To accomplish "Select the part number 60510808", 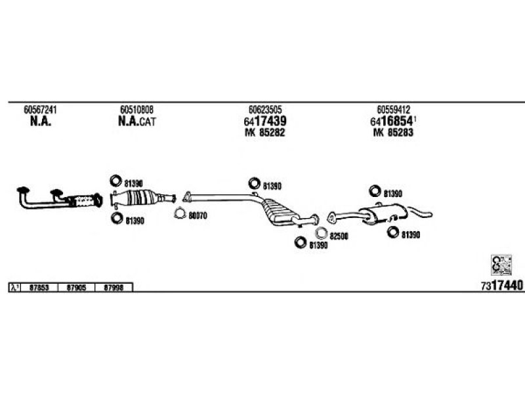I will tap(136, 109).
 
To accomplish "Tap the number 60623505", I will tap(265, 109).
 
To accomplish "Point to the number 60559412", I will tap(394, 109).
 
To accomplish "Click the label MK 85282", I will tap(265, 133).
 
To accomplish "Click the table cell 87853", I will tap(40, 288).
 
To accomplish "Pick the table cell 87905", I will tap(77, 288).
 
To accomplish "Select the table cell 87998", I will tap(114, 288).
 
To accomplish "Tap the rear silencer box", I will tap(377, 215).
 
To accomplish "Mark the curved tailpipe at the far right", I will tap(421, 212).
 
